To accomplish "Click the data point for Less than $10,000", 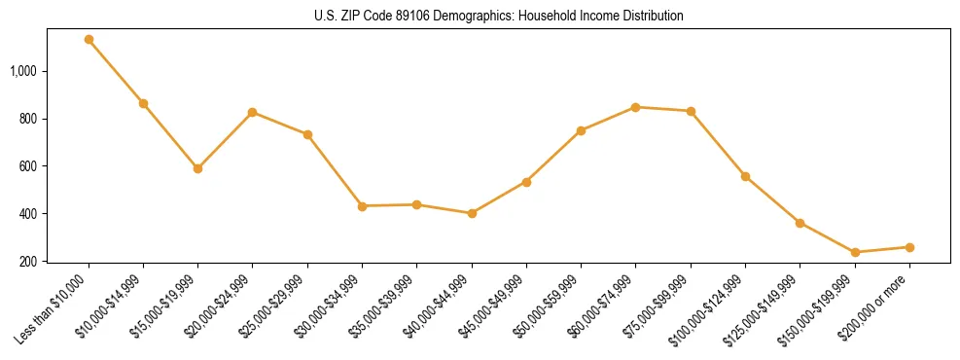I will (x=89, y=40).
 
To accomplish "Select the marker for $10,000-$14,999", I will (x=143, y=103).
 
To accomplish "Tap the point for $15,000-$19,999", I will (x=197, y=168).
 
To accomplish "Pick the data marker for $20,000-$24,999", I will (x=253, y=112).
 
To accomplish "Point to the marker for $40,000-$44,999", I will (x=472, y=213).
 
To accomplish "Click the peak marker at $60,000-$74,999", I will (x=635, y=107).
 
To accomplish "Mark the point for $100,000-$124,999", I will (x=745, y=176).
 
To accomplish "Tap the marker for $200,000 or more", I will (x=909, y=247).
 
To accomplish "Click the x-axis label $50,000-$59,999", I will (x=550, y=306).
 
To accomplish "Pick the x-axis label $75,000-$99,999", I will (x=659, y=306).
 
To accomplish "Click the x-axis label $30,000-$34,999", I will (x=331, y=306).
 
